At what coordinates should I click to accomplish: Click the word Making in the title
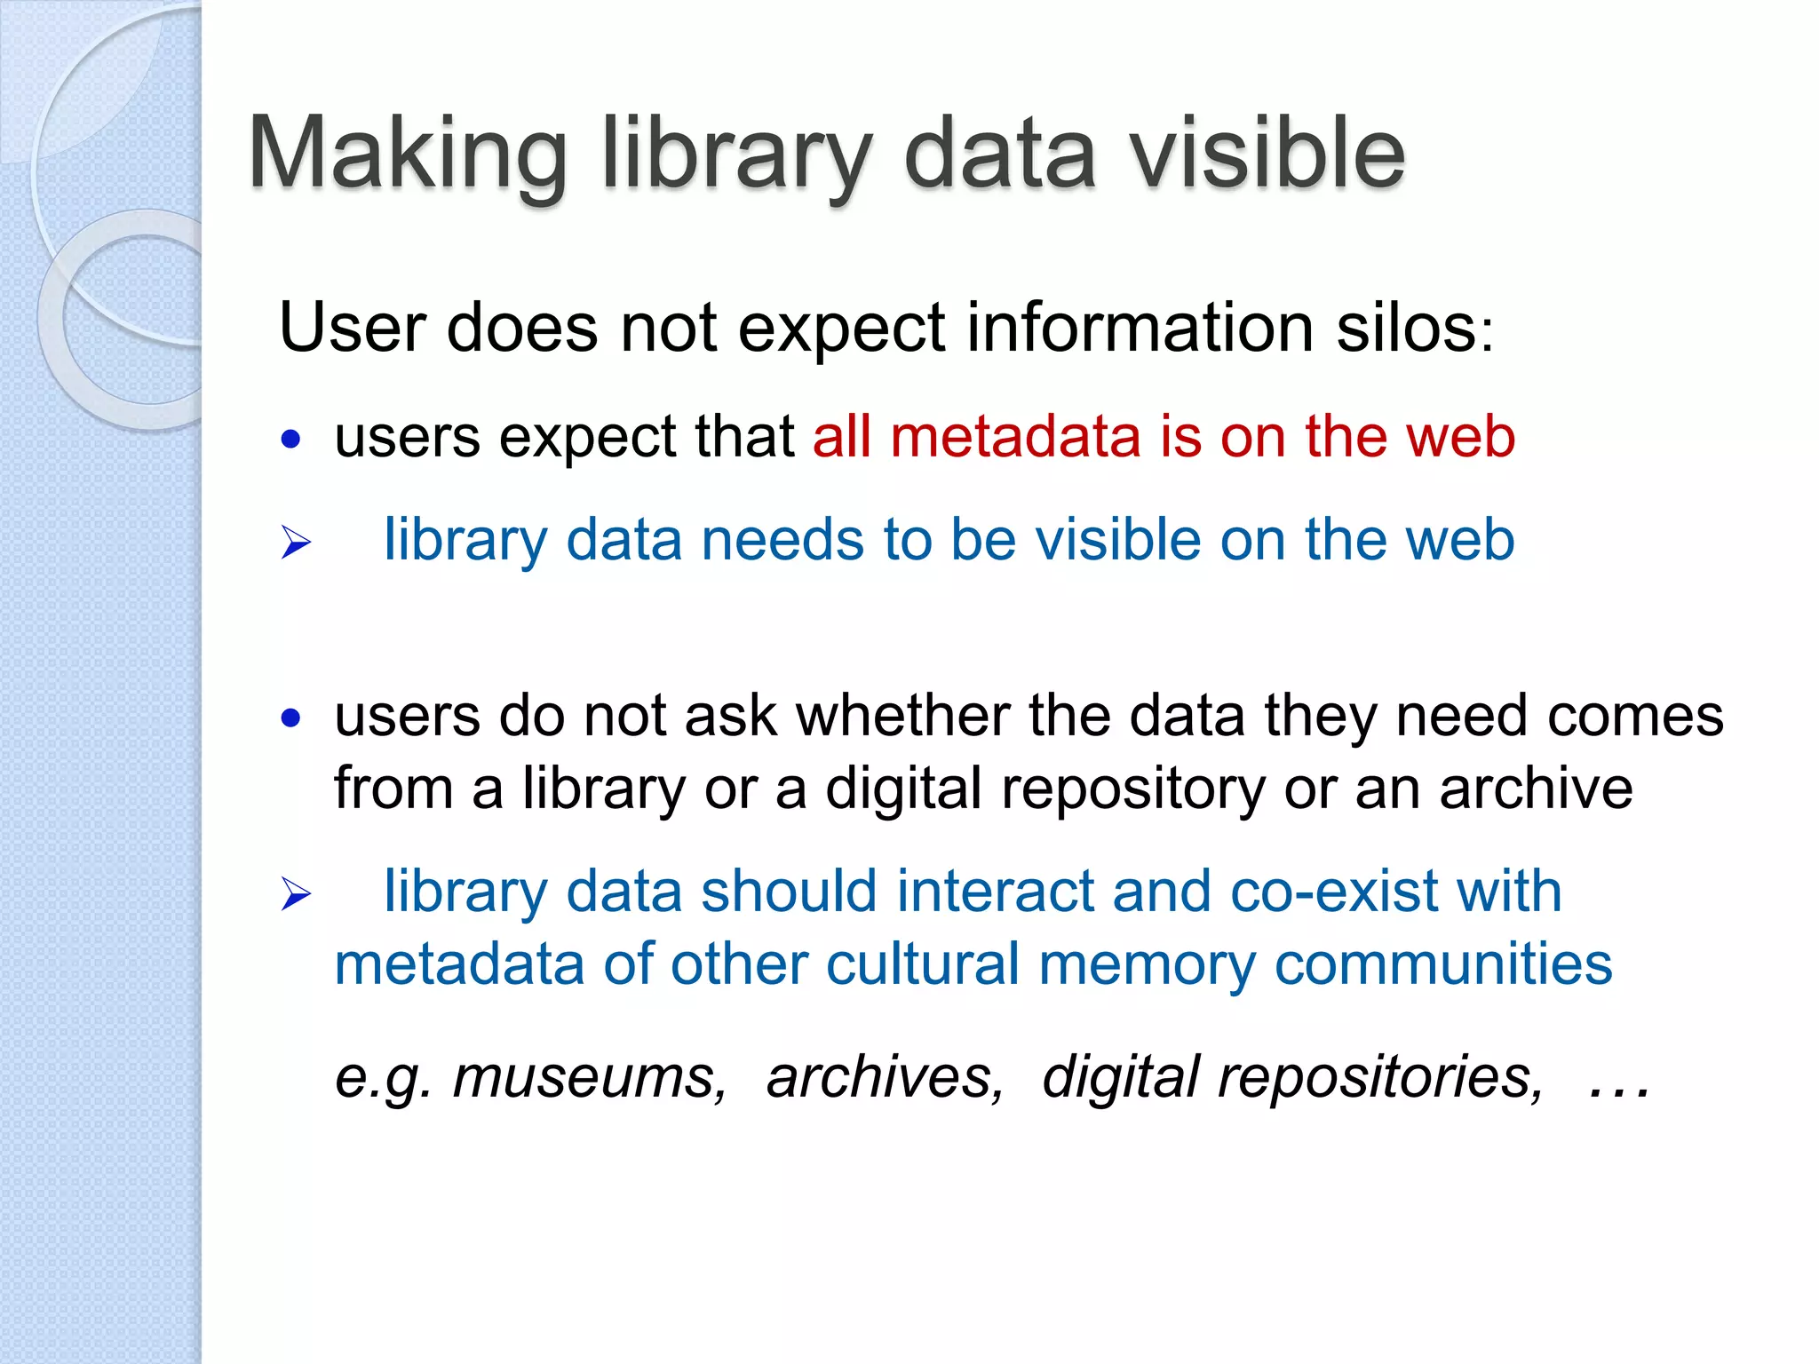tap(407, 155)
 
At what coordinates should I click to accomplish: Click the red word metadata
tap(1015, 437)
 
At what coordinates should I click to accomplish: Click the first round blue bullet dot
tap(290, 439)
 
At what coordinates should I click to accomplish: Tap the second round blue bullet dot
tap(290, 718)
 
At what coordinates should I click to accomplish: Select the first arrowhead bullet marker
tap(296, 542)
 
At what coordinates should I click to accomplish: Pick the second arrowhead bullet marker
tap(296, 893)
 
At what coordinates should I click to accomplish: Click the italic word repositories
tap(1380, 1077)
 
